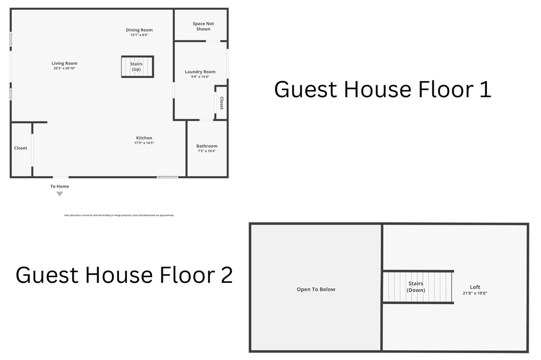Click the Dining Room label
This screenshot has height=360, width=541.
tap(139, 30)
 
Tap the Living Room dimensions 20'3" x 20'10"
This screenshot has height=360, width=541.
tap(64, 68)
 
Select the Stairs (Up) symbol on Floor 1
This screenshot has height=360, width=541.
tap(137, 67)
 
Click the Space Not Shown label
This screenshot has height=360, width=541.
tap(203, 26)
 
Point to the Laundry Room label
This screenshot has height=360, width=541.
tap(200, 72)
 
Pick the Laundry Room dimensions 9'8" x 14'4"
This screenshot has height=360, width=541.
tap(200, 77)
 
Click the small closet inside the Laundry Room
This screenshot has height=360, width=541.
tap(221, 103)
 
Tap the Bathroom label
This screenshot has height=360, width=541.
tap(207, 146)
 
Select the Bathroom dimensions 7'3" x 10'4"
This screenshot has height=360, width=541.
tap(207, 151)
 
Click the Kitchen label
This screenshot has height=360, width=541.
tap(144, 138)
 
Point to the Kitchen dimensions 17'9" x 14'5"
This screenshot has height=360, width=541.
tap(144, 143)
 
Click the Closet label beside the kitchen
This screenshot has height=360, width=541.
tap(20, 148)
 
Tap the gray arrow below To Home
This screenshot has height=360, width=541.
tap(60, 194)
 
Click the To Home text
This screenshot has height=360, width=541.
tap(60, 186)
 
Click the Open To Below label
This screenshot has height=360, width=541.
tap(316, 289)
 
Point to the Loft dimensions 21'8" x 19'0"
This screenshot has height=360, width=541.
tap(475, 293)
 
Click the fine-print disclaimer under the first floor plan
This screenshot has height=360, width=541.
tap(119, 215)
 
